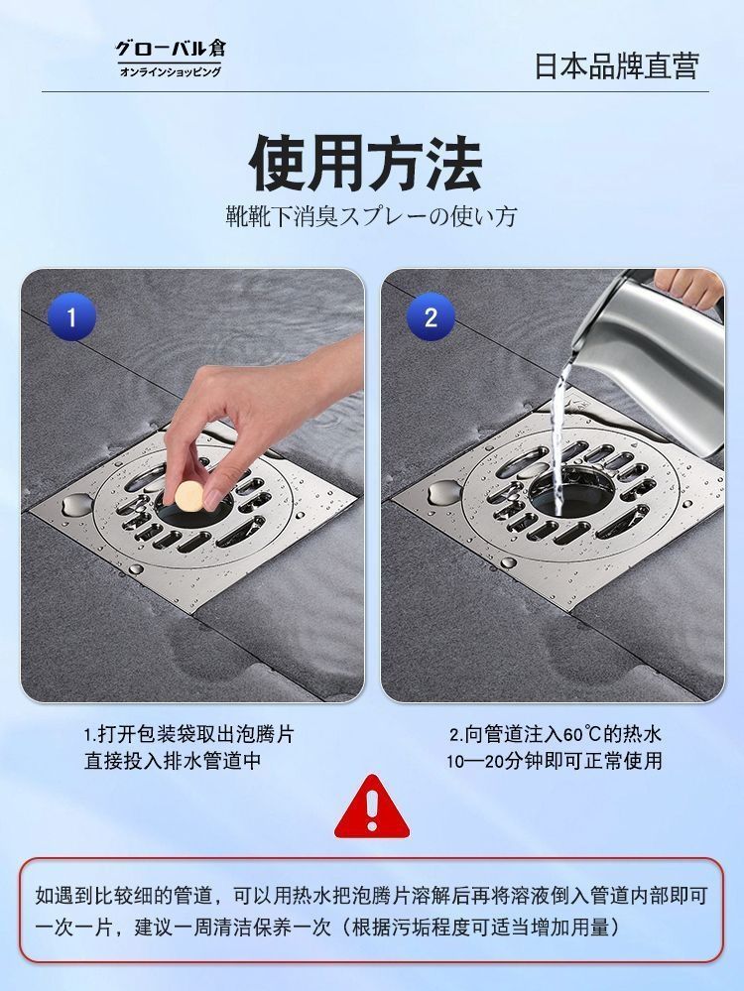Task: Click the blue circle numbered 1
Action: click(x=71, y=316)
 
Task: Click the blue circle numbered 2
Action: click(x=431, y=316)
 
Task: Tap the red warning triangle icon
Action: click(x=372, y=807)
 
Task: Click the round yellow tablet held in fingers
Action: click(x=187, y=496)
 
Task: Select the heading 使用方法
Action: click(x=367, y=164)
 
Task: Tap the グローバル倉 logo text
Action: click(x=171, y=48)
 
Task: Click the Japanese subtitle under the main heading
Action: click(x=372, y=217)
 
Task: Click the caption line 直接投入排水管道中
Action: click(x=174, y=760)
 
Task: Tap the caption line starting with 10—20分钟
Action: click(x=555, y=760)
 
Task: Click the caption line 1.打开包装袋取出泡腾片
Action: click(x=189, y=734)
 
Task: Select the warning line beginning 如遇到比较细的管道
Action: click(x=371, y=896)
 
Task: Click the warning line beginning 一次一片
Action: click(x=326, y=928)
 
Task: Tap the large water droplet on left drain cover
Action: click(x=75, y=504)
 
